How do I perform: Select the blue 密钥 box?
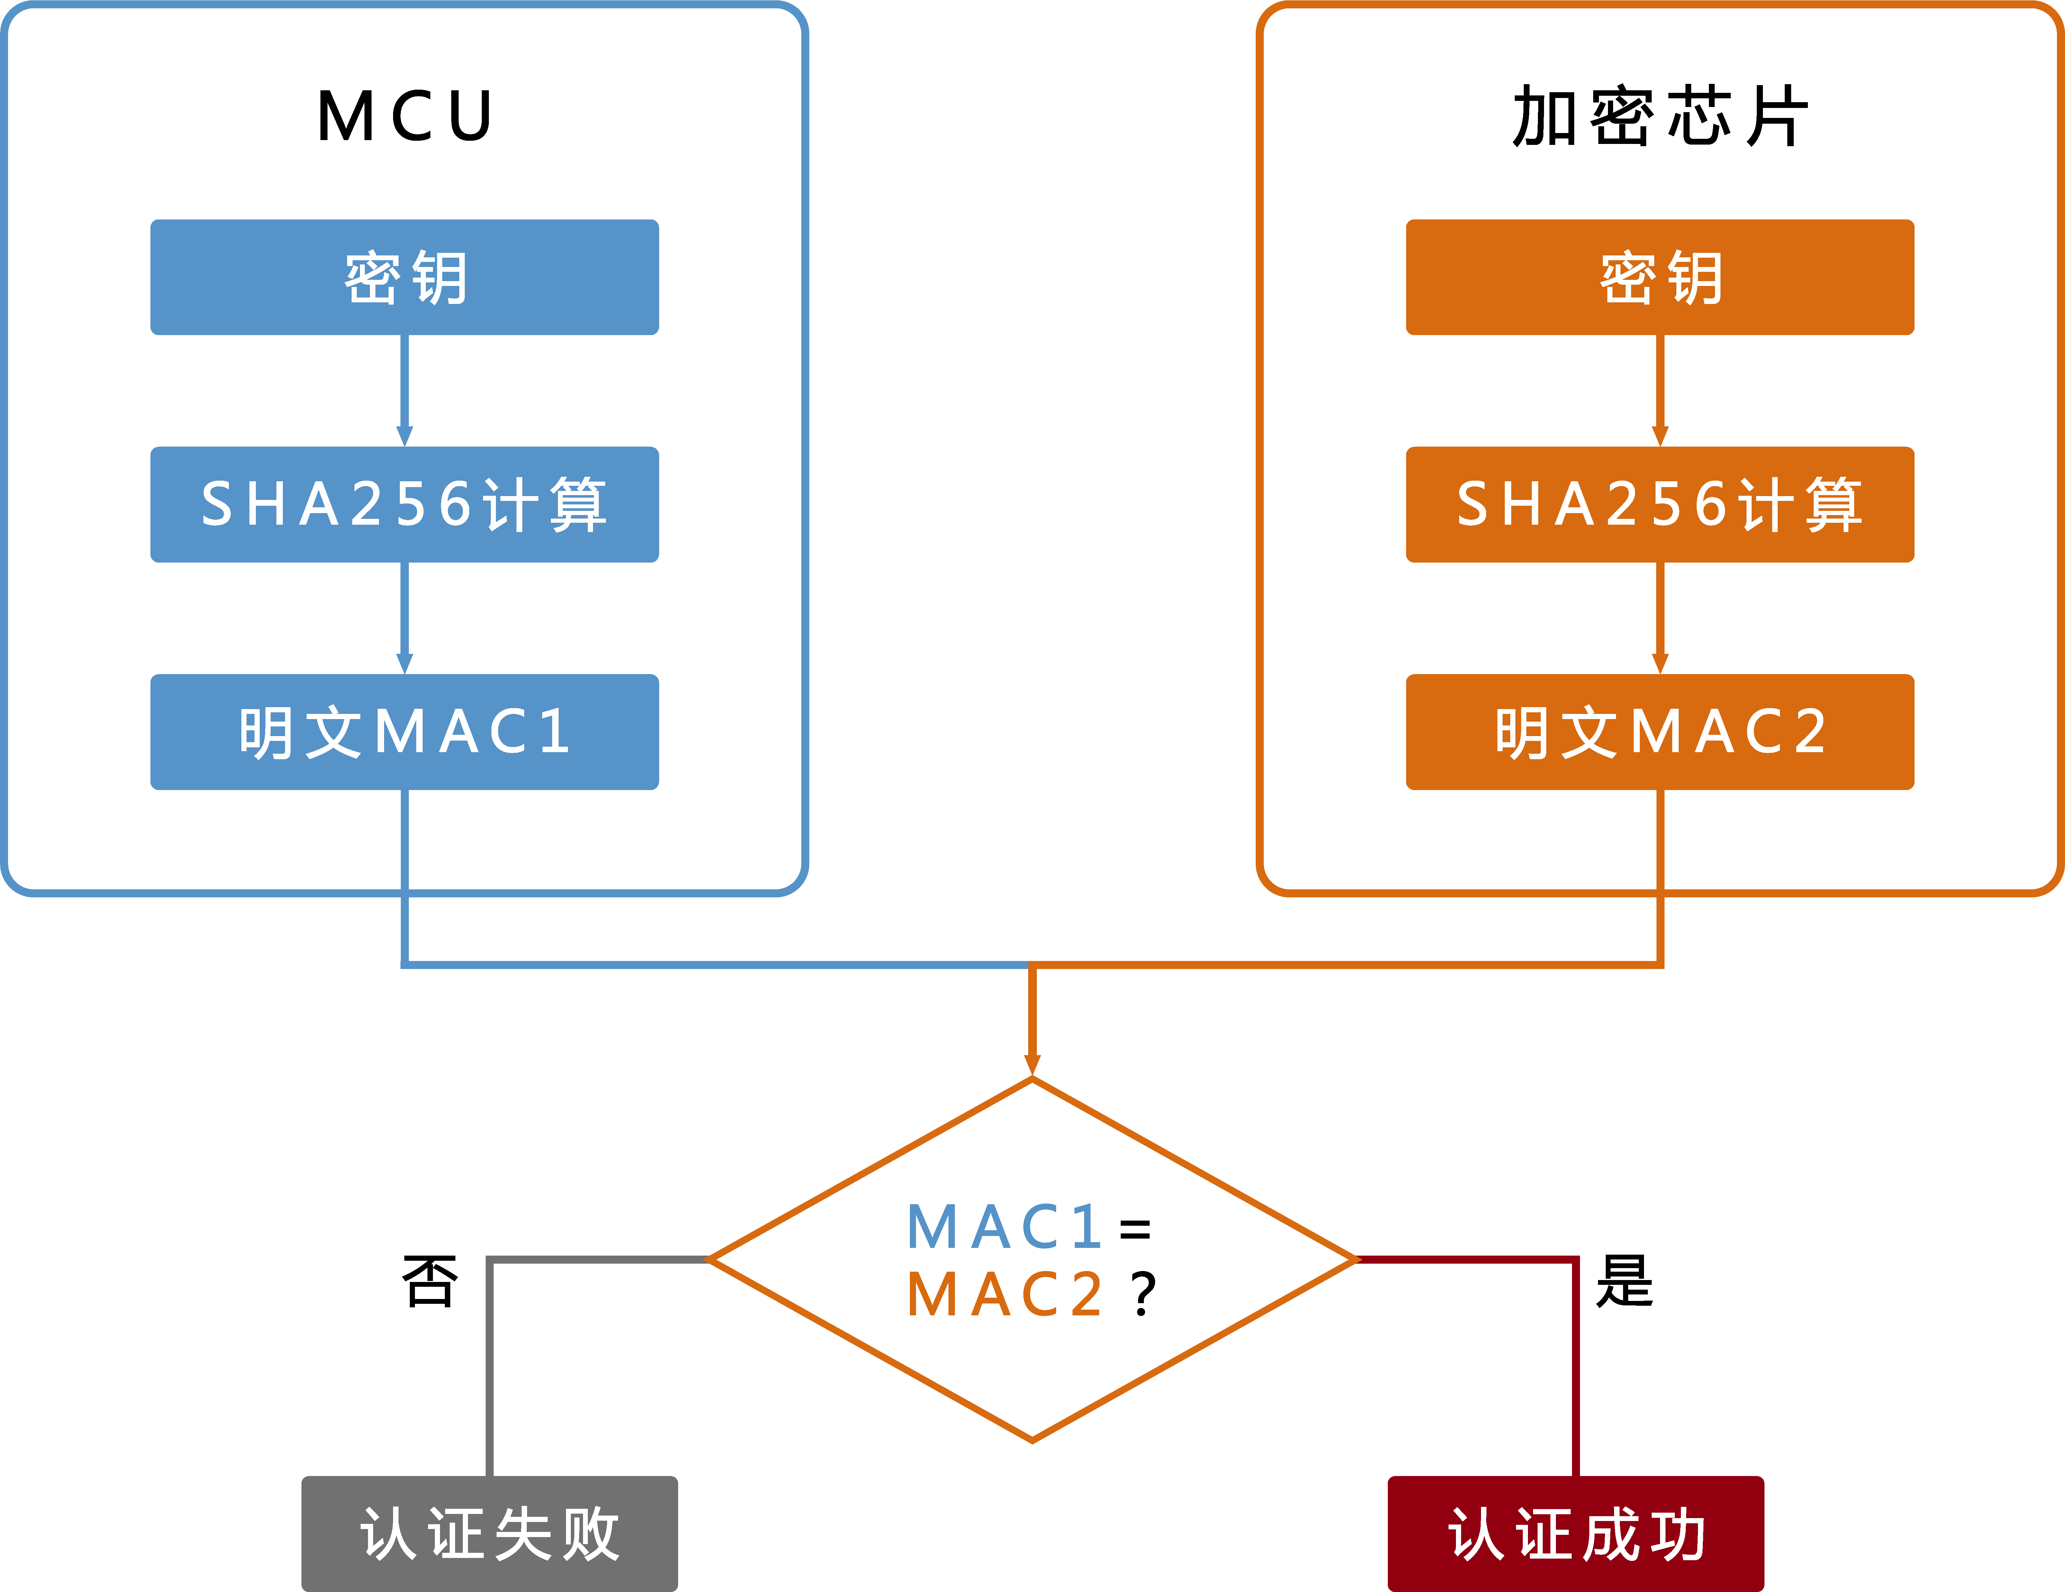405,277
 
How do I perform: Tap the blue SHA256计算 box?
405,504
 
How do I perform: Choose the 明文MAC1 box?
405,732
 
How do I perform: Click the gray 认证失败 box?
490,1534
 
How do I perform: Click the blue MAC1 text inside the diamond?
1004,1227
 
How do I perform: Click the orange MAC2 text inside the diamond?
1004,1293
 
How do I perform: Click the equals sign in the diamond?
1135,1229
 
